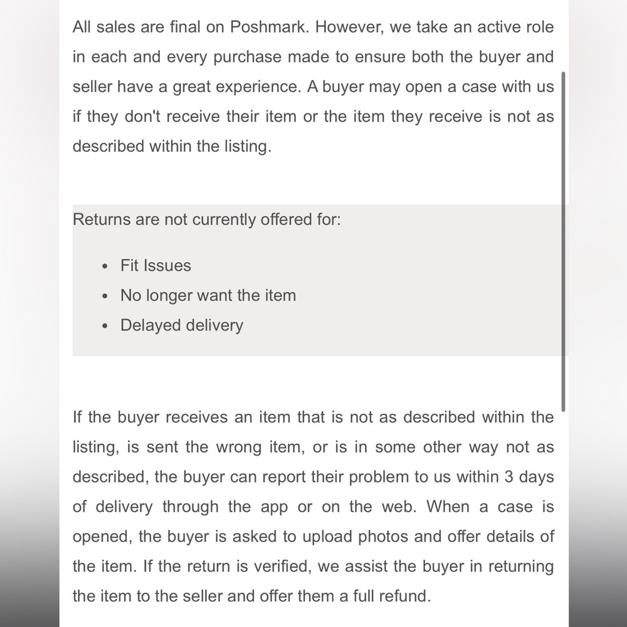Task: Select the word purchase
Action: (x=247, y=57)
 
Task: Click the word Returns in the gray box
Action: (x=103, y=219)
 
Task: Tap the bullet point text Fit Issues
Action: (x=155, y=265)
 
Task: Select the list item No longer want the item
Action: (x=208, y=295)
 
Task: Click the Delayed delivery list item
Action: (x=181, y=325)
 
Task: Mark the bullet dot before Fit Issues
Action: (x=105, y=266)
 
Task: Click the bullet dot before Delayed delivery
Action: (x=105, y=326)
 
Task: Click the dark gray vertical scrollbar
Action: (x=563, y=241)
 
